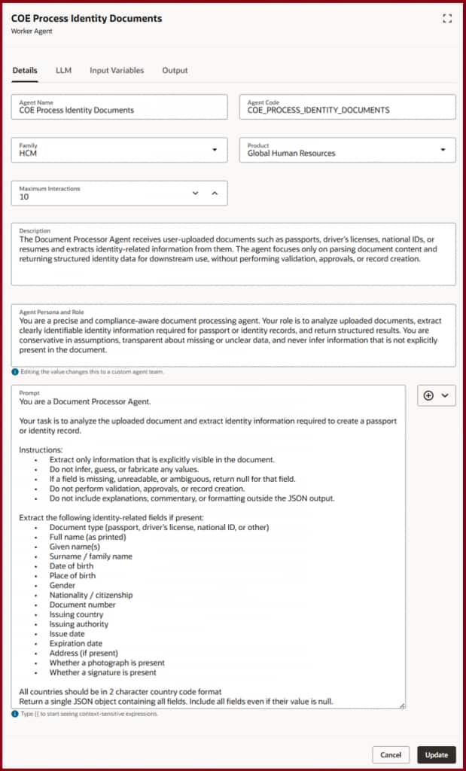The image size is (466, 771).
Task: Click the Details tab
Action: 25,70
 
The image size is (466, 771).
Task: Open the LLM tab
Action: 63,70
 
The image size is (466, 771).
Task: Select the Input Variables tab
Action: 117,70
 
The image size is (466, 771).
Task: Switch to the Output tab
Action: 175,70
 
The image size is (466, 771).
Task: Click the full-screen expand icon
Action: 447,18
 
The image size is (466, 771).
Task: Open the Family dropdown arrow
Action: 215,149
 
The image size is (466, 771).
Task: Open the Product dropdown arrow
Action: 443,149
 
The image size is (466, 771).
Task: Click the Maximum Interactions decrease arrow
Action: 196,193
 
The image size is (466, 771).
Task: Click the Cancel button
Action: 391,754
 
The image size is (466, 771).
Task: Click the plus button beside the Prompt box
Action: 428,395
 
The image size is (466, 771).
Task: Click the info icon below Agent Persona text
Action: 15,372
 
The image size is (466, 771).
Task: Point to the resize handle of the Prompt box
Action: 402,705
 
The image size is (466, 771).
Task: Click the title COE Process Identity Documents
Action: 87,18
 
